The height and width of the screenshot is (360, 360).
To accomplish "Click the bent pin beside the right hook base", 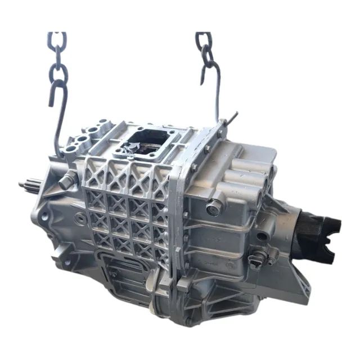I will [x=229, y=119].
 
